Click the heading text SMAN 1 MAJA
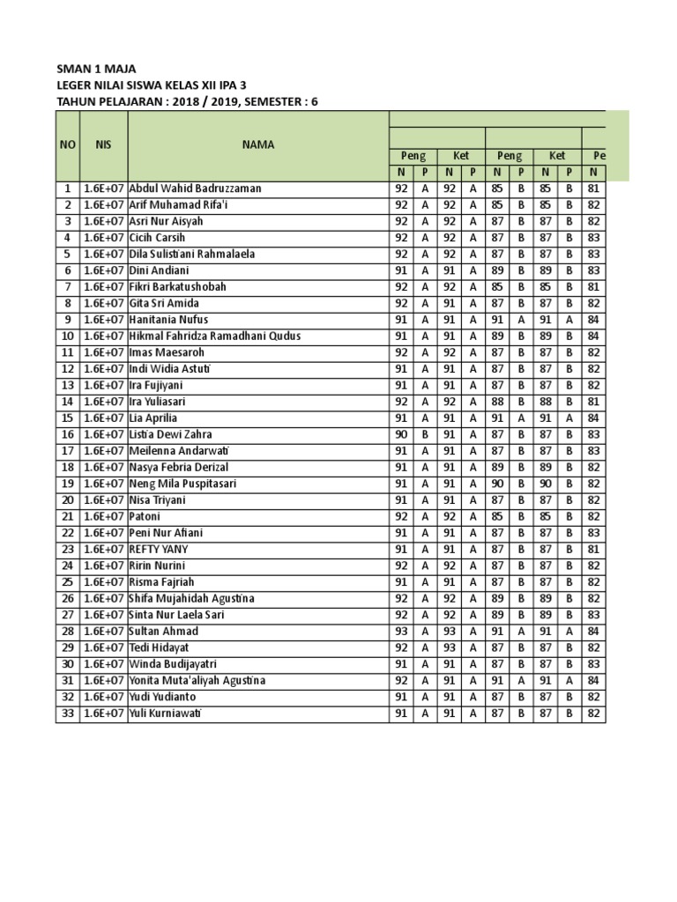click(x=96, y=69)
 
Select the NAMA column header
click(x=258, y=144)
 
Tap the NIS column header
click(x=103, y=144)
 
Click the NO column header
click(x=68, y=144)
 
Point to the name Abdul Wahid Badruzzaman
click(x=195, y=189)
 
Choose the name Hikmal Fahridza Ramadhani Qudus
click(x=215, y=336)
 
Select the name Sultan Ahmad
click(x=164, y=632)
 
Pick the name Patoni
click(x=145, y=517)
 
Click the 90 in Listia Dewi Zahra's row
click(x=401, y=434)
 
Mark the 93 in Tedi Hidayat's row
click(x=449, y=647)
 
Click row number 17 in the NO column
click(x=68, y=451)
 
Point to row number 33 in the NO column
click(x=68, y=713)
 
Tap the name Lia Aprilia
click(x=153, y=418)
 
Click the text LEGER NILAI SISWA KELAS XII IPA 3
click(x=151, y=85)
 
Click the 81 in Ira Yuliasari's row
click(x=593, y=402)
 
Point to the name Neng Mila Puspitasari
click(x=182, y=484)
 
